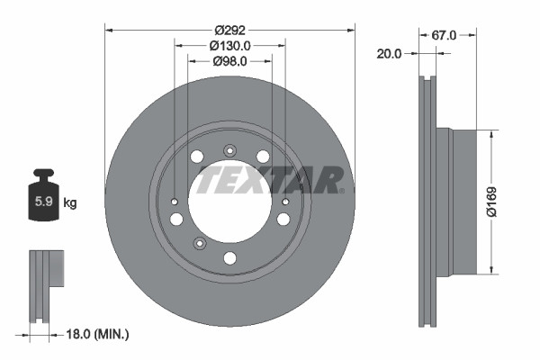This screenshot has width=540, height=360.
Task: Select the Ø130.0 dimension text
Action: click(230, 44)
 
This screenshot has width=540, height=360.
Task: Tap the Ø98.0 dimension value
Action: click(230, 60)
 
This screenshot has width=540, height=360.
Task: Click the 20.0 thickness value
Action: click(390, 53)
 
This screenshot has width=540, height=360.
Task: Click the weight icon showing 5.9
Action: click(43, 200)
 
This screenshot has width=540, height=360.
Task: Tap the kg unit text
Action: click(70, 202)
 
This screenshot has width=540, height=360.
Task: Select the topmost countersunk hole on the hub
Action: click(229, 150)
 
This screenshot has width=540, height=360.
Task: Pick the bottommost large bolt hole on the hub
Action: click(229, 258)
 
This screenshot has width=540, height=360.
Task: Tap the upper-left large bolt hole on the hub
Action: click(197, 157)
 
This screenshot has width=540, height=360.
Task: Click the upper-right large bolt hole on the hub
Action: click(263, 157)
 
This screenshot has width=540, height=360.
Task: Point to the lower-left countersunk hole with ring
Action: click(200, 240)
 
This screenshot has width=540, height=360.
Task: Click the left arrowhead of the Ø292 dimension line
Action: click(110, 29)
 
